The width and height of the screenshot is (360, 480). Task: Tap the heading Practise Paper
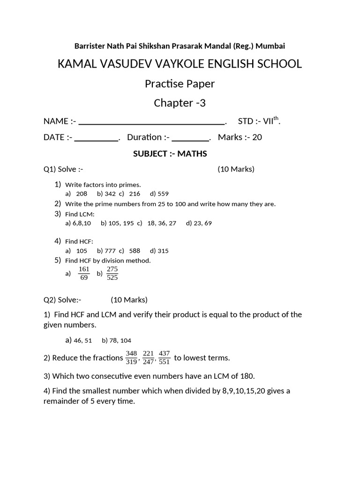point(180,84)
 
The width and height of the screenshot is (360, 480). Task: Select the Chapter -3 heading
point(180,103)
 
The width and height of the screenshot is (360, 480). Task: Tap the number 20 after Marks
point(257,137)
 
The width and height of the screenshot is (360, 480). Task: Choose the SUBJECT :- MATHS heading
point(170,154)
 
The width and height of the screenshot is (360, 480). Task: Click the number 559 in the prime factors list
point(163,194)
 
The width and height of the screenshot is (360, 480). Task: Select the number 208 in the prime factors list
point(82,194)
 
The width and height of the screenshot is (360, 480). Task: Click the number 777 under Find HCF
point(110,251)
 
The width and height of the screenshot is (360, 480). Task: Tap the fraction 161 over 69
point(84,273)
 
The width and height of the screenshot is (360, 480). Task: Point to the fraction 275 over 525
point(112,273)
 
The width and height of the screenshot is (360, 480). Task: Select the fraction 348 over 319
point(131,357)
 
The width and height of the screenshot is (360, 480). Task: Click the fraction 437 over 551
point(164,357)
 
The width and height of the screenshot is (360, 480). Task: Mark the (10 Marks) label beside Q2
point(129,300)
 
